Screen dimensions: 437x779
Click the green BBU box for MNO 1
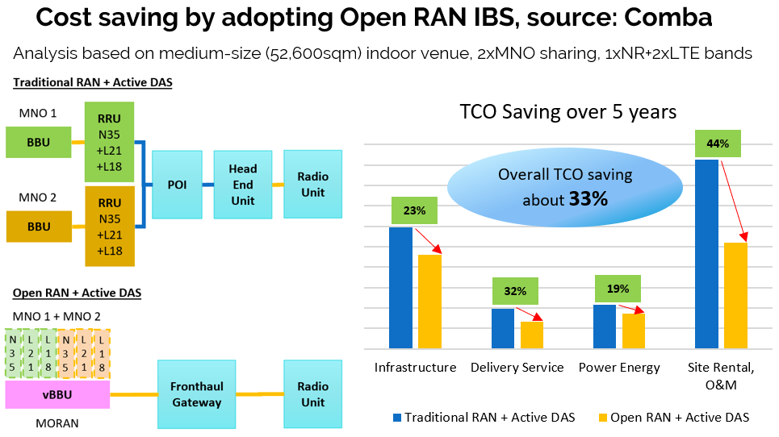39,142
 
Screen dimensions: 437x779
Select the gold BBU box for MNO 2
39,227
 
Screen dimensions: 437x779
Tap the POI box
176,184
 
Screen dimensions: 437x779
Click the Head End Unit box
242,184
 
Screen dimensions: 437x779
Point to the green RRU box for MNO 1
109,142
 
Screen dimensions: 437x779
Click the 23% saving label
414,210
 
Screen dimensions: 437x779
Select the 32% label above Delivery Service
515,291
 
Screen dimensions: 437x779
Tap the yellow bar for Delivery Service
532,334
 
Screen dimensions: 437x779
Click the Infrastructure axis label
415,368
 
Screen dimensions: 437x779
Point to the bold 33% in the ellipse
588,198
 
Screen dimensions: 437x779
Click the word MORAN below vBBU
35,421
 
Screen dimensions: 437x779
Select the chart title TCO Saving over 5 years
567,111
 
